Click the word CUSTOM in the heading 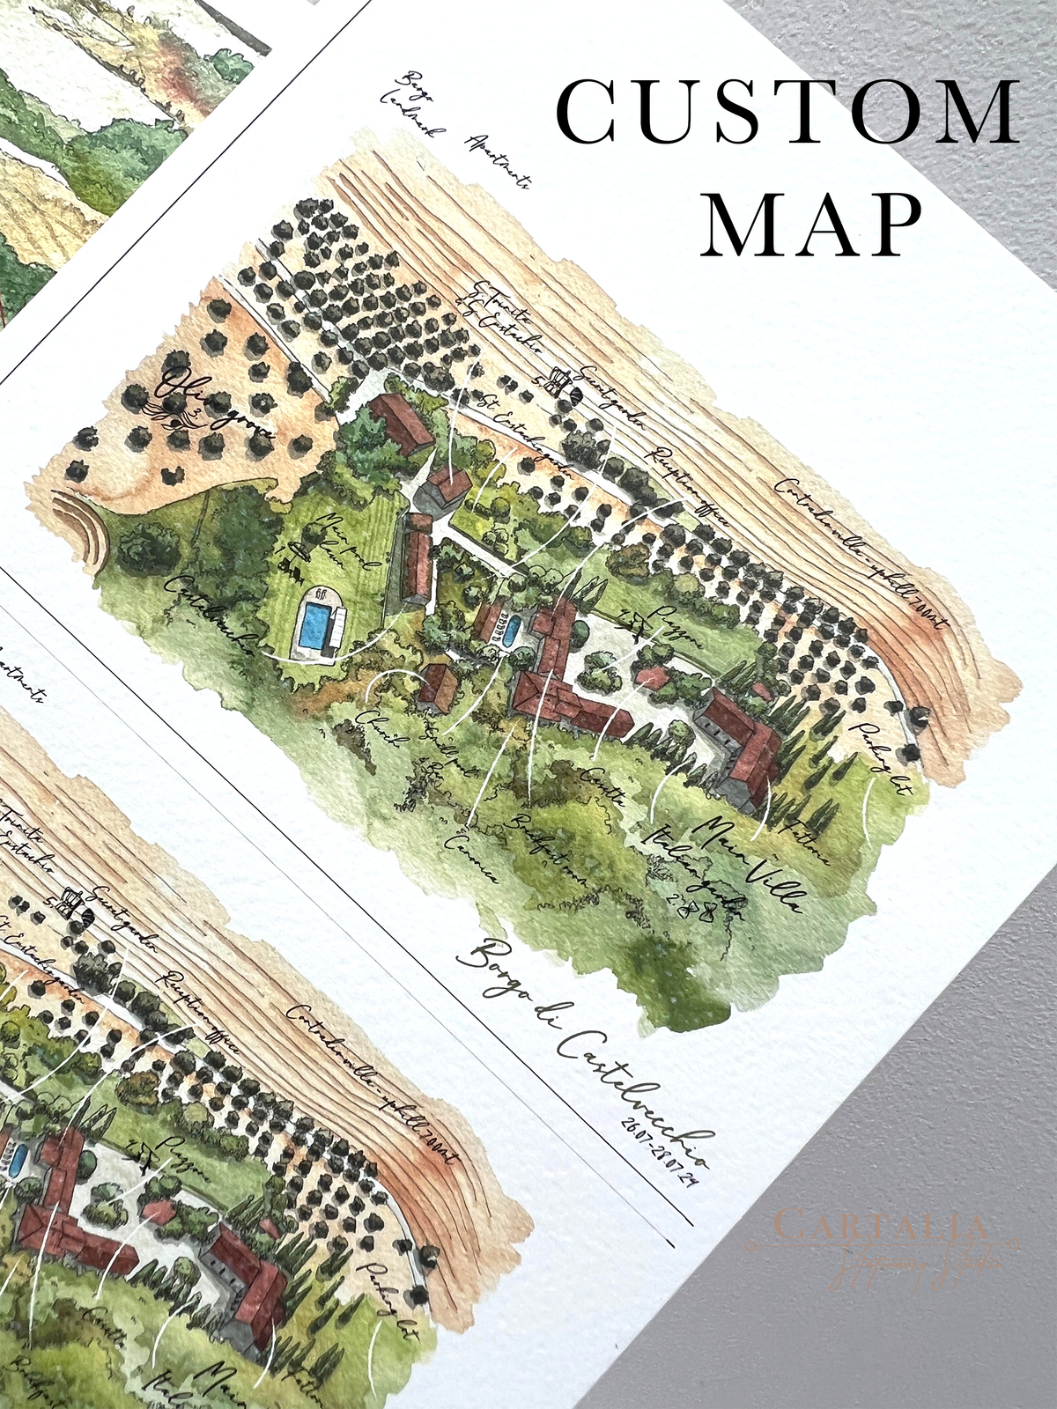pyautogui.click(x=787, y=112)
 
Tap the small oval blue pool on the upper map pyautogui.click(x=510, y=631)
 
